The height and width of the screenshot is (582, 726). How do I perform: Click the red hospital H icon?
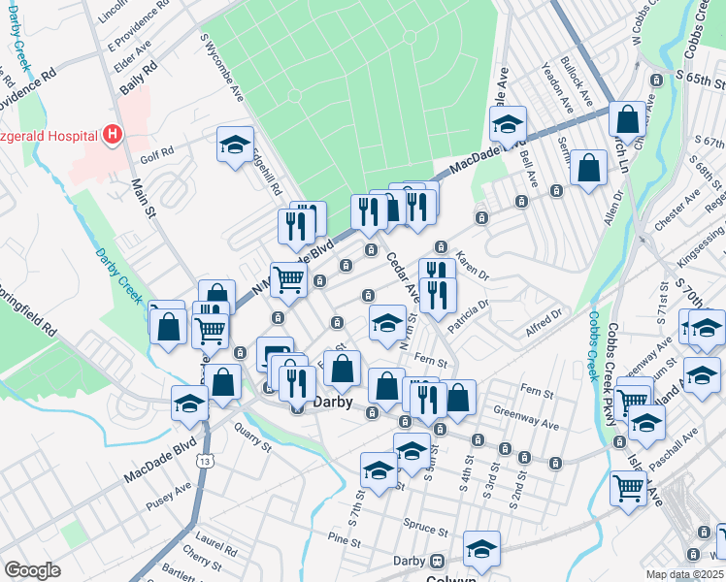click(114, 134)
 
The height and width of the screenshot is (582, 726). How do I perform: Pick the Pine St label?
click(344, 538)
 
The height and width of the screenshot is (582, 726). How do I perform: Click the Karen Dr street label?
click(473, 263)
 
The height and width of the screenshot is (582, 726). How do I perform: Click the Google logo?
click(33, 570)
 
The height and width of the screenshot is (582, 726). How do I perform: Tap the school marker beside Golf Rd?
click(234, 145)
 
